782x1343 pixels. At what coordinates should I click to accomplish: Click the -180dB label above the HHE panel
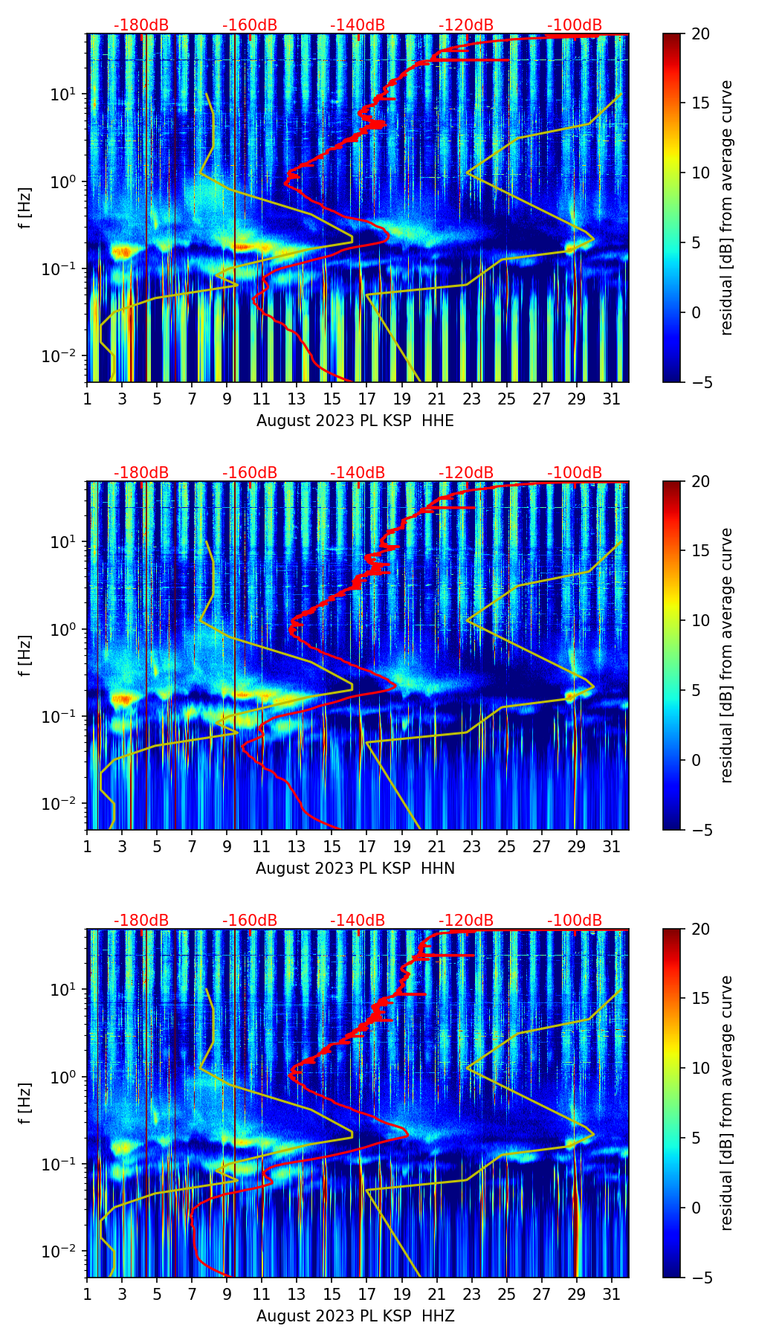pyautogui.click(x=141, y=25)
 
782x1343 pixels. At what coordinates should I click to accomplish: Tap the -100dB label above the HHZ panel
pyautogui.click(x=575, y=921)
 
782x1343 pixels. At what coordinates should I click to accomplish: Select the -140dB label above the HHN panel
pyautogui.click(x=358, y=473)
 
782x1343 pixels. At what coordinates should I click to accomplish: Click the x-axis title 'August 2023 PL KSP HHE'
pyautogui.click(x=355, y=421)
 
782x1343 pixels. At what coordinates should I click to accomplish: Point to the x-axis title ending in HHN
pyautogui.click(x=355, y=869)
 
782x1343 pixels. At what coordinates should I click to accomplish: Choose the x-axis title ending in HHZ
pyautogui.click(x=355, y=1316)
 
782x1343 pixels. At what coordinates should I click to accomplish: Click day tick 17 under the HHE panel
pyautogui.click(x=366, y=398)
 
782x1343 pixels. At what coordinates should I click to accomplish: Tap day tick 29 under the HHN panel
pyautogui.click(x=576, y=846)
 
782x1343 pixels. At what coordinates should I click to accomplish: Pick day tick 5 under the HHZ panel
pyautogui.click(x=157, y=1293)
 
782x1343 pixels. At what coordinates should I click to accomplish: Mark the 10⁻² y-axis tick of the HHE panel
pyautogui.click(x=62, y=356)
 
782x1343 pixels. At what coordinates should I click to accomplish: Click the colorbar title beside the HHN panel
pyautogui.click(x=727, y=655)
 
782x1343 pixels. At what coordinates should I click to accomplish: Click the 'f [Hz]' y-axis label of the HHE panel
pyautogui.click(x=27, y=207)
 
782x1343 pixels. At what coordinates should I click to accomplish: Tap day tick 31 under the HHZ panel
pyautogui.click(x=611, y=1293)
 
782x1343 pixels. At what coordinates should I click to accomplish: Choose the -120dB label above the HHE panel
pyautogui.click(x=466, y=25)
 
